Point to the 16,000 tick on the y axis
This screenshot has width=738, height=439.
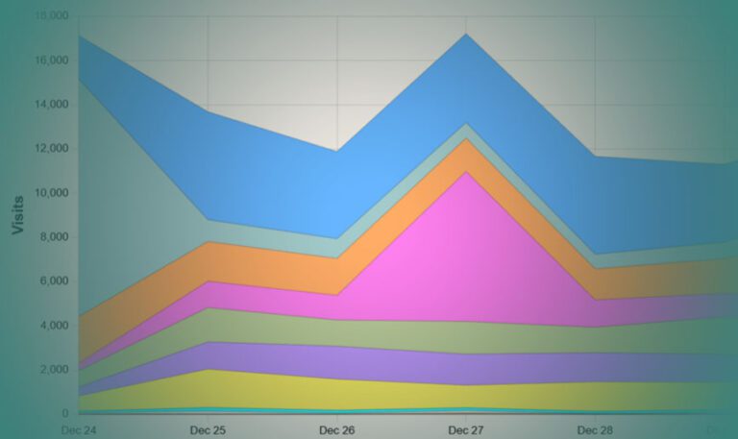click(51, 61)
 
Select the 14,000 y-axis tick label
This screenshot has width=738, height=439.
click(51, 105)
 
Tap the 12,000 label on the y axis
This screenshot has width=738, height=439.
click(51, 149)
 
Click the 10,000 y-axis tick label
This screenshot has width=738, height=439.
click(51, 193)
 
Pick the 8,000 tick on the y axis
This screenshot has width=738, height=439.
click(54, 237)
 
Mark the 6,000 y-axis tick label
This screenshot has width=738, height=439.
click(54, 281)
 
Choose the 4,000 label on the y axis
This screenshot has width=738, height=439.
click(54, 326)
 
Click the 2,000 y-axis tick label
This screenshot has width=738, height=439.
click(54, 370)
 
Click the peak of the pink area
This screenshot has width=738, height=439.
click(466, 172)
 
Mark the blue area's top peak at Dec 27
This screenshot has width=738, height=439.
click(466, 34)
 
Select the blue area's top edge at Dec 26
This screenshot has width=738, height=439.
click(337, 151)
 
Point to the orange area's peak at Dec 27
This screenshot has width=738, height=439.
click(466, 138)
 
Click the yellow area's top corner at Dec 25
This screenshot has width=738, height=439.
click(209, 370)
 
